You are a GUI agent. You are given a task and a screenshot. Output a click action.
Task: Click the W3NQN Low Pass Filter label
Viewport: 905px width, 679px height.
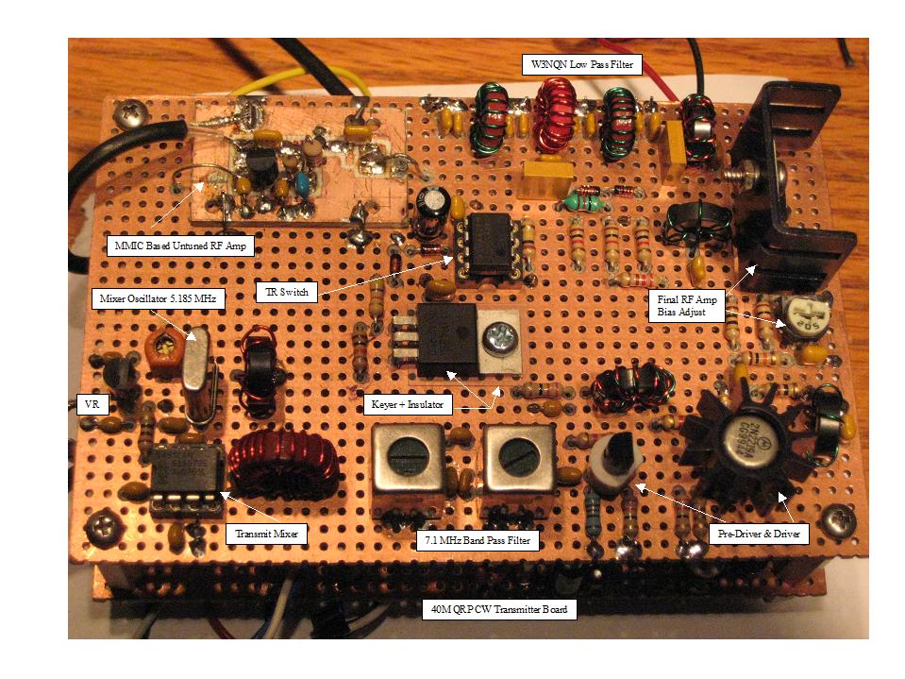[x=580, y=65]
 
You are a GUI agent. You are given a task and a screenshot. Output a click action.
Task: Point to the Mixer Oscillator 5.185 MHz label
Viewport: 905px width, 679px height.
[x=157, y=299]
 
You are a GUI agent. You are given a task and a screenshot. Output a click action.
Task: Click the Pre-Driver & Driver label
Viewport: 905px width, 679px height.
[x=759, y=534]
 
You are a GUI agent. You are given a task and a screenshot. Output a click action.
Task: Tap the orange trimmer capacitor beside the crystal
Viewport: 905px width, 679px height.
[x=167, y=350]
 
